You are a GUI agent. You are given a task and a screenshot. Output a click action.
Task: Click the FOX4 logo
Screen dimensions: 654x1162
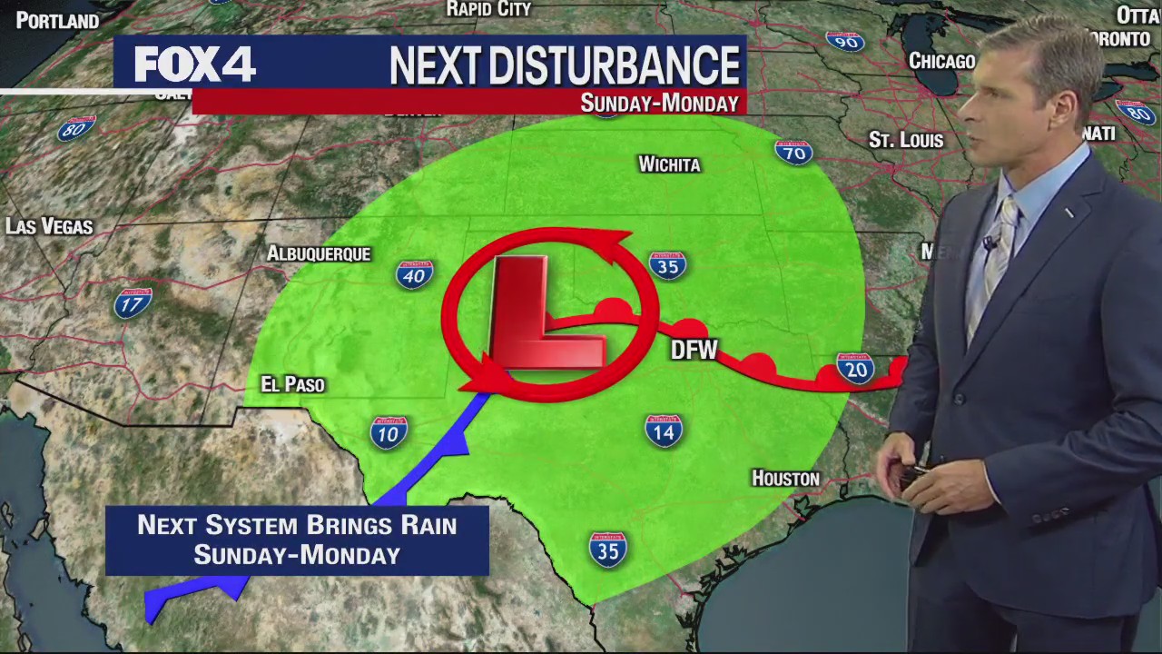tap(194, 64)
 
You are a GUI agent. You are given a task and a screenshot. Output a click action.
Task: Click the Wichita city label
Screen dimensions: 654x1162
tap(669, 164)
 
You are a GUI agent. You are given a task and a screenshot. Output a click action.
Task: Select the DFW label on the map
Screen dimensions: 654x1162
tap(694, 350)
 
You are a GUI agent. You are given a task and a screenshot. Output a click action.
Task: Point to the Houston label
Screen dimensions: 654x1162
tap(785, 478)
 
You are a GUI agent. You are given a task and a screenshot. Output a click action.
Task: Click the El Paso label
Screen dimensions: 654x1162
tap(292, 384)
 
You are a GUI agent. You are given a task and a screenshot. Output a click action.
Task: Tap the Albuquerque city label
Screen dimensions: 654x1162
tap(319, 253)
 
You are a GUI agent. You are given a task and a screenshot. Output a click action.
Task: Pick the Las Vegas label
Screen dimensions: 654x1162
tap(49, 226)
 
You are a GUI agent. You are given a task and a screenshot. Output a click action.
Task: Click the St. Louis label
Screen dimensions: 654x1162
tap(906, 140)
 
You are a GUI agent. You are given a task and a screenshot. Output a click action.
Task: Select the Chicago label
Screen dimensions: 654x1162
tap(941, 61)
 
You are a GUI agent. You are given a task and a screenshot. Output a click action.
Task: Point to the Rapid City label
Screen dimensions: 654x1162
tap(488, 9)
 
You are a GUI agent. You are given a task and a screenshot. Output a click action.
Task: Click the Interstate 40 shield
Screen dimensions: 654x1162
tap(414, 273)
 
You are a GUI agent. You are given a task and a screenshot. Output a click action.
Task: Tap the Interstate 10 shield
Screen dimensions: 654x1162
tap(389, 432)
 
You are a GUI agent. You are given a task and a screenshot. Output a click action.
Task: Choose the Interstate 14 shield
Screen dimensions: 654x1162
tap(664, 430)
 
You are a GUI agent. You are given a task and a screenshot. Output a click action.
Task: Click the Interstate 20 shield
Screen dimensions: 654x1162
tap(854, 368)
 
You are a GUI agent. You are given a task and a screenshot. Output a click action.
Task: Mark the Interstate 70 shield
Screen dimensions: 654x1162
tap(793, 152)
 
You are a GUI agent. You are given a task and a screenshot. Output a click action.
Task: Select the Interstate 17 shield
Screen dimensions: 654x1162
tap(133, 302)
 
